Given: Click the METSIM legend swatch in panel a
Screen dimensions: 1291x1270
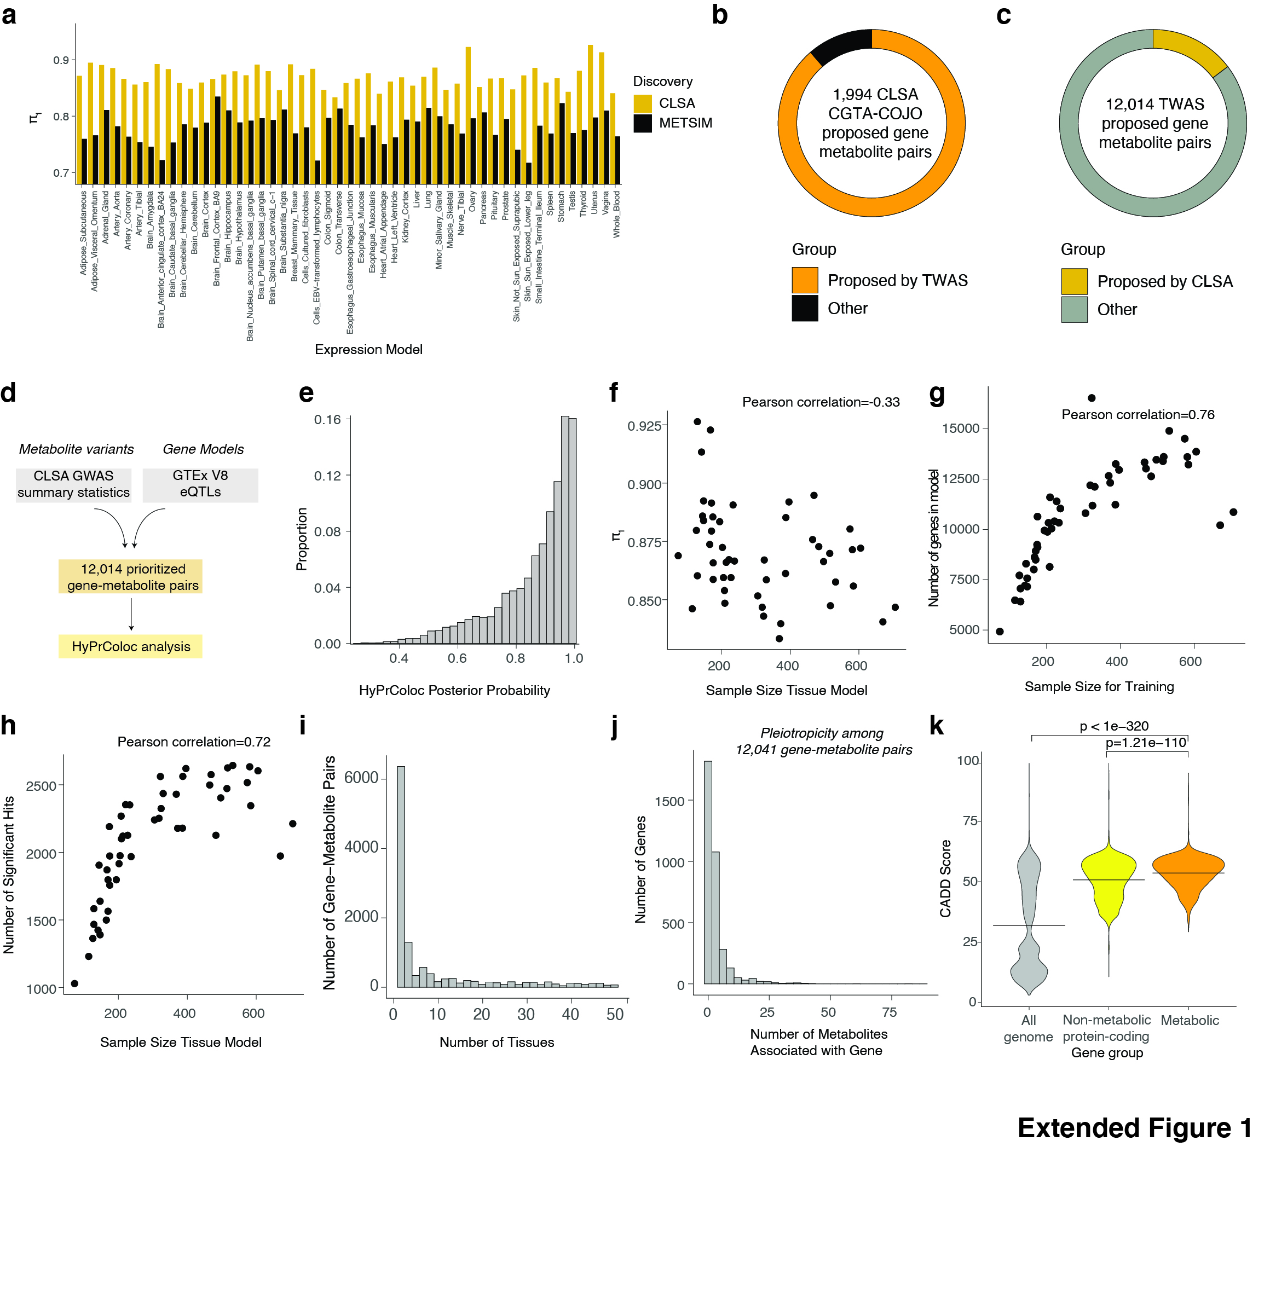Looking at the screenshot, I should point(642,123).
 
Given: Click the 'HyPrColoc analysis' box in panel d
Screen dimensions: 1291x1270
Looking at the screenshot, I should point(131,646).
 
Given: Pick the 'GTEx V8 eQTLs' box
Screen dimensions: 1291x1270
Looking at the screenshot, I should point(200,484).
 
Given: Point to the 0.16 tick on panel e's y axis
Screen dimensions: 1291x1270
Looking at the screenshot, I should point(327,419).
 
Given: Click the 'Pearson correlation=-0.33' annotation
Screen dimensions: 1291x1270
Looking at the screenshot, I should point(821,402).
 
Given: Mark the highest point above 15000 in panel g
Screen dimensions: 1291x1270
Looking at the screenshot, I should point(1092,398).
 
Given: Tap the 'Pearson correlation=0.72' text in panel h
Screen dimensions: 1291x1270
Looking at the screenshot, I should point(193,742).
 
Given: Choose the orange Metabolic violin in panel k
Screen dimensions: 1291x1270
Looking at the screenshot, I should point(1188,870).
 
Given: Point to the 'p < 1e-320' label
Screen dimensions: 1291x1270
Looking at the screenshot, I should point(1114,726).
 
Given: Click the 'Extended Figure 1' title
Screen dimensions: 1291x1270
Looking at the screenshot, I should point(1134,1127).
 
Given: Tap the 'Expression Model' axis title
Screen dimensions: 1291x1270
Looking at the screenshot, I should point(368,349).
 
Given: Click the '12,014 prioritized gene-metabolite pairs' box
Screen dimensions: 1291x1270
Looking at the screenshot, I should point(131,577).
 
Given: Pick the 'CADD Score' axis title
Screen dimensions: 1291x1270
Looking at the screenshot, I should point(945,878).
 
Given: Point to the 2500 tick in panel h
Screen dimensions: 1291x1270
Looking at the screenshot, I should point(42,786).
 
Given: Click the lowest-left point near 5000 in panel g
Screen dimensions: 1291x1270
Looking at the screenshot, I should point(999,632).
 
